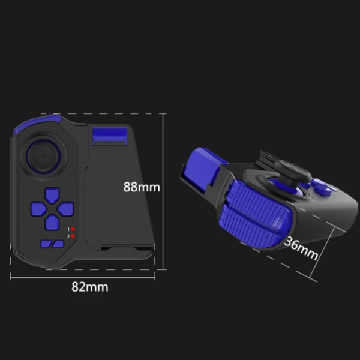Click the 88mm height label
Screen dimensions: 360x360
tap(142, 187)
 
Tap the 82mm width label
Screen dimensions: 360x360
tap(90, 287)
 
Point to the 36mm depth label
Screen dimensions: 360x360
tap(301, 247)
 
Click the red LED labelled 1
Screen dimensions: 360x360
tap(73, 229)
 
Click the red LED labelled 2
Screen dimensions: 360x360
tap(73, 236)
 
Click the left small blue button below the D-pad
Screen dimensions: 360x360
tap(44, 244)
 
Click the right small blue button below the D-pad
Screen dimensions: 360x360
tap(58, 244)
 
